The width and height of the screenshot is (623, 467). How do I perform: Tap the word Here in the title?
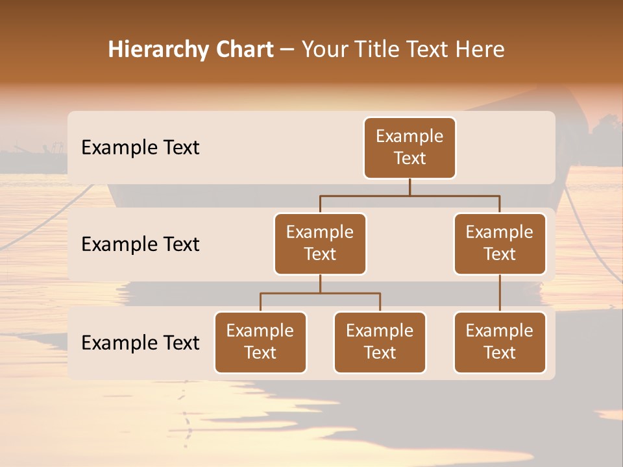(x=479, y=50)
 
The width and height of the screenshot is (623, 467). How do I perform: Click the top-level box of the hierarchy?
(x=409, y=148)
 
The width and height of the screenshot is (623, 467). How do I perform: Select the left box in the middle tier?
(x=320, y=244)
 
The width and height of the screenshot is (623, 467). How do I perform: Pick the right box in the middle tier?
(x=500, y=244)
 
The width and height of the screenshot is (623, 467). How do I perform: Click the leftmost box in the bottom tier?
(x=260, y=342)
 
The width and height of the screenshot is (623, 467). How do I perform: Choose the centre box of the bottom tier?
(x=380, y=342)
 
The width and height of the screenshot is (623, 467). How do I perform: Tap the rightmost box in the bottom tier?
(x=500, y=342)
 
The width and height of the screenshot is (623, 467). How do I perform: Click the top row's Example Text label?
(x=140, y=148)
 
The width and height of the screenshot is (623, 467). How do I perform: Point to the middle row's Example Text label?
(x=140, y=245)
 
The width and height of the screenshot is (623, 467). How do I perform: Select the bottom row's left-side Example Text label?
(x=140, y=343)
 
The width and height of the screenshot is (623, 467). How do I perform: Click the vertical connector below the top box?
(x=409, y=187)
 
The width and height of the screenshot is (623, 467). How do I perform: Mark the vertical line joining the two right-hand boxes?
(x=500, y=293)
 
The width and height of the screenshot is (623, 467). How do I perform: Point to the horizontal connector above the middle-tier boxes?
(x=409, y=195)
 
